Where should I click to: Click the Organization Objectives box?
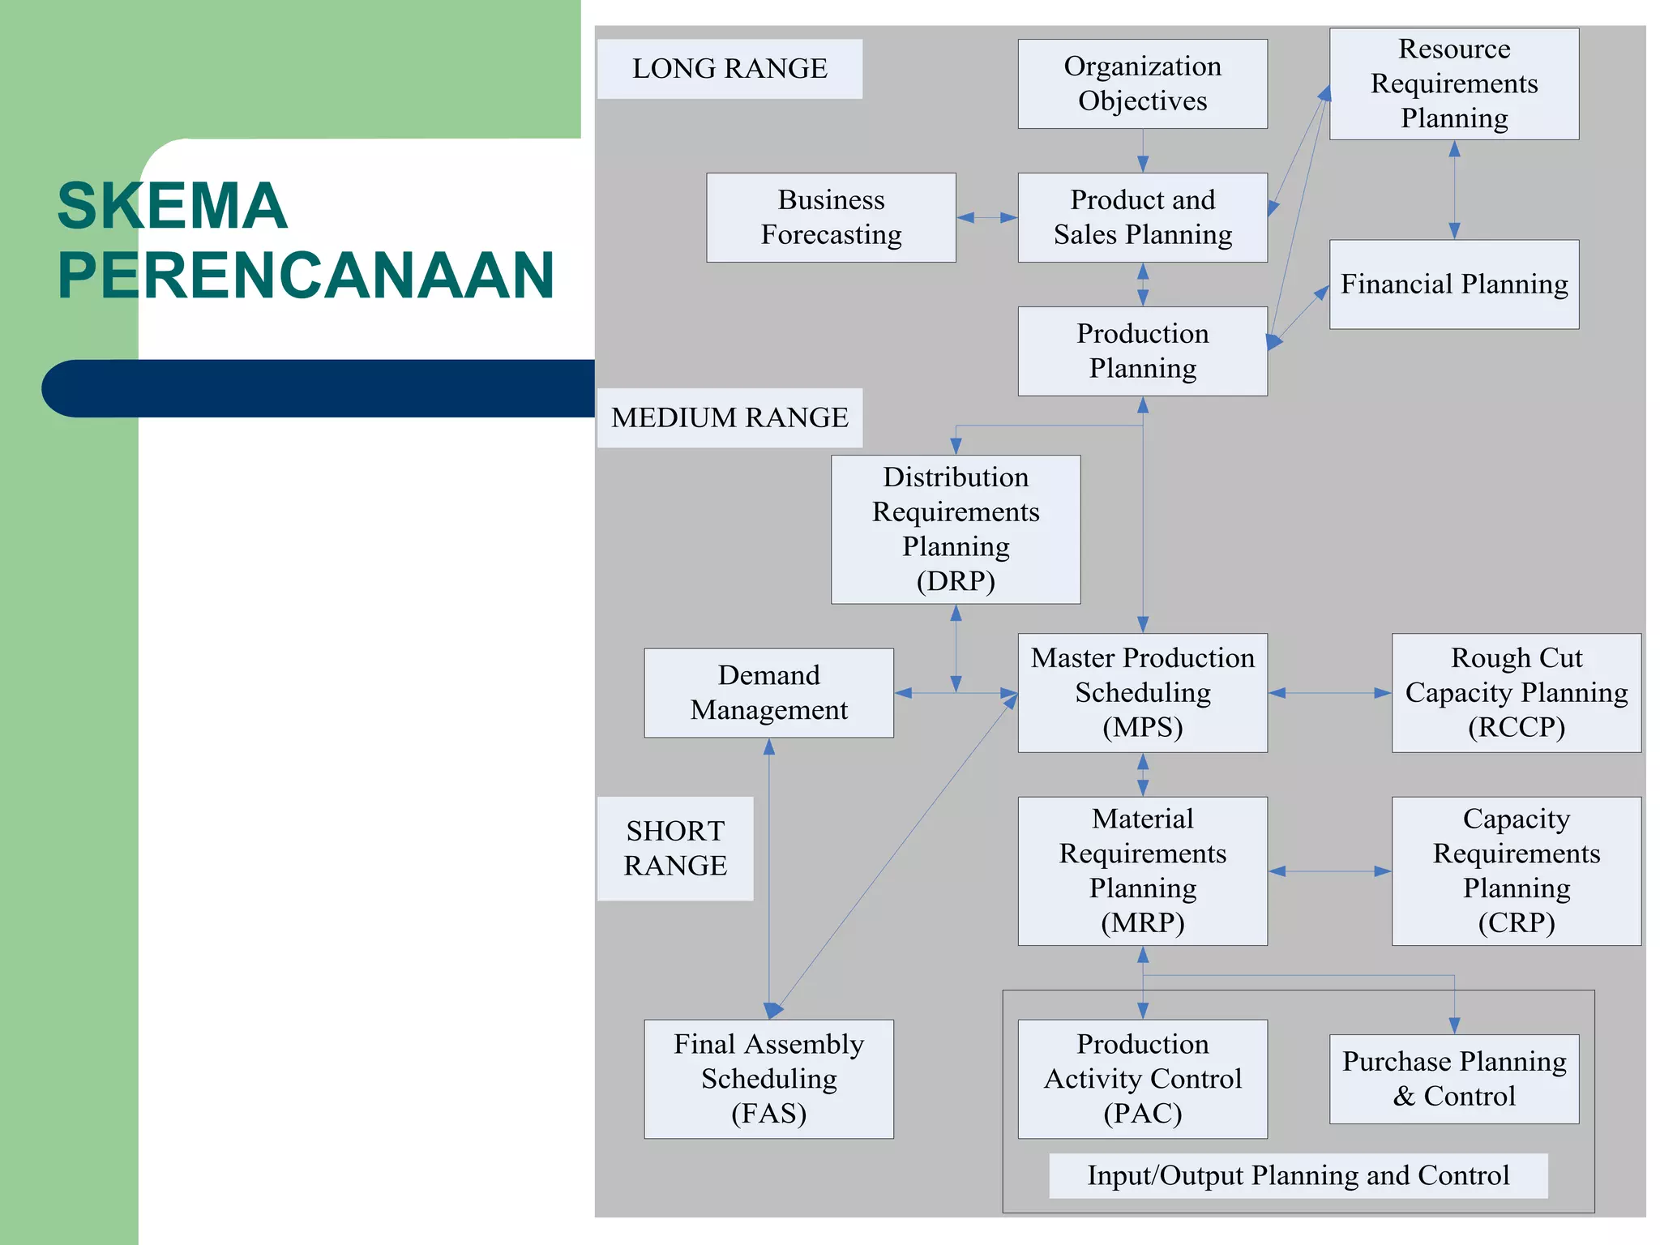1142,83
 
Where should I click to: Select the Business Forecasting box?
831,217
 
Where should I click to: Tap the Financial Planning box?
1453,285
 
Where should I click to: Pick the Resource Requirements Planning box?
1453,83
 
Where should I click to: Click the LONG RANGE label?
729,69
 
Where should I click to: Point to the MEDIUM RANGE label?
729,417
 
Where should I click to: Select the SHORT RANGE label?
675,848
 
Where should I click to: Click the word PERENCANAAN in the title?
306,276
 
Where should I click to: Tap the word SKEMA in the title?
172,206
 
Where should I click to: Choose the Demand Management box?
768,692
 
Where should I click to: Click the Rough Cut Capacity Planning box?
1516,692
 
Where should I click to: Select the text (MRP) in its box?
1142,922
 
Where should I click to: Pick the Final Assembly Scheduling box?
768,1078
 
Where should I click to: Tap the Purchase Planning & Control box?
1453,1078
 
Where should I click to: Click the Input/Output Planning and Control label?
1298,1175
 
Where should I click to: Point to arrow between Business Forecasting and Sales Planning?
986,217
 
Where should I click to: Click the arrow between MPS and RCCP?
1329,693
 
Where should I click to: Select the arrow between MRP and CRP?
1329,871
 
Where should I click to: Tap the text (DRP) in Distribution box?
956,581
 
